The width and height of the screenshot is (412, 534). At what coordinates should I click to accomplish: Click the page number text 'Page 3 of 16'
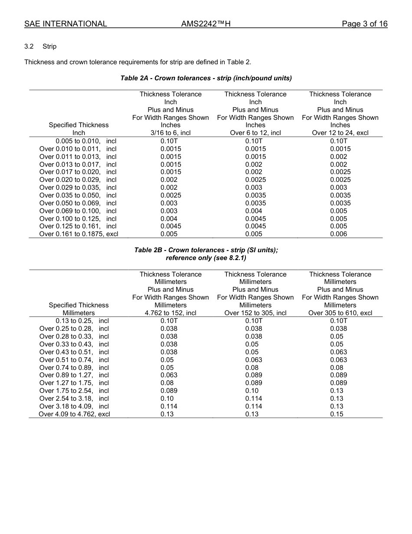point(364,24)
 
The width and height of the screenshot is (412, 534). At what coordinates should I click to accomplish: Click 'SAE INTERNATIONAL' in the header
point(65,24)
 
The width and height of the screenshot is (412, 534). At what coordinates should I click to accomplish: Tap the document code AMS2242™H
point(206,24)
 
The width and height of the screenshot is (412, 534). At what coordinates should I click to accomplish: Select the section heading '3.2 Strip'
point(40,46)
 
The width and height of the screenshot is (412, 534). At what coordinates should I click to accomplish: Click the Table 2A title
point(206,78)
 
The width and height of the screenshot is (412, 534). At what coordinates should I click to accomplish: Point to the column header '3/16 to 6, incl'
point(170,133)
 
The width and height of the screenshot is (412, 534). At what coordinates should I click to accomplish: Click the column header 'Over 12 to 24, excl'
point(340,133)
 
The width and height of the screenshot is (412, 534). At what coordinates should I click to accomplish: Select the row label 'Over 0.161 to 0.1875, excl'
point(78,234)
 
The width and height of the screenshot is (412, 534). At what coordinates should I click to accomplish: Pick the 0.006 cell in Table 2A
point(338,234)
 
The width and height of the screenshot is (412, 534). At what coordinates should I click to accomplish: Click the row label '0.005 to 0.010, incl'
point(86,141)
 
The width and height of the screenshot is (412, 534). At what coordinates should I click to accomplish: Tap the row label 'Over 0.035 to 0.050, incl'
point(78,195)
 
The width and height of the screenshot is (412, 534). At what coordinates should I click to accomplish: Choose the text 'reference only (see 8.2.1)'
point(206,258)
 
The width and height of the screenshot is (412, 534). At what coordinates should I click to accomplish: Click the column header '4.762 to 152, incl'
point(170,313)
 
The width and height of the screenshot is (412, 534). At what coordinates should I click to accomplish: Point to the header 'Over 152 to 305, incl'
point(255,313)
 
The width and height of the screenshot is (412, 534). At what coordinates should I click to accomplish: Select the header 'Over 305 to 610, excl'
point(340,313)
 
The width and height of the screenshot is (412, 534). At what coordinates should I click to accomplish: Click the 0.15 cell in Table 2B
point(337,414)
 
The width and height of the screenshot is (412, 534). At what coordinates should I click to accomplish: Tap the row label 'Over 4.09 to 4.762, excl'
point(75,414)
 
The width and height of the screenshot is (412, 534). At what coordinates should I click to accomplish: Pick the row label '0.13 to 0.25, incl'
point(82,321)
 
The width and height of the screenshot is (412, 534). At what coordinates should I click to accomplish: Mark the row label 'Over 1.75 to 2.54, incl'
point(74,391)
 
